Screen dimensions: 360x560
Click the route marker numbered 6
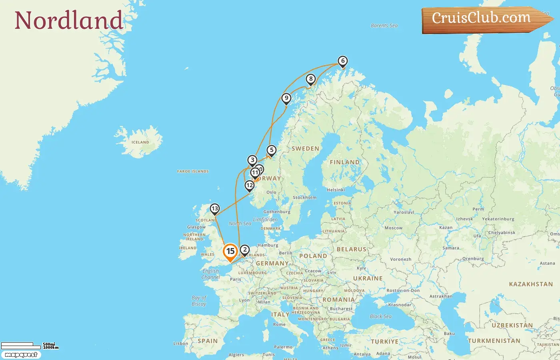tap(342, 61)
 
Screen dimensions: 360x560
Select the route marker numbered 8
tap(311, 79)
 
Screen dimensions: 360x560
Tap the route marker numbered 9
tap(286, 98)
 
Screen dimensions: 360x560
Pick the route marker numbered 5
tap(272, 150)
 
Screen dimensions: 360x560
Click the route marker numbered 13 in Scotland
tap(215, 208)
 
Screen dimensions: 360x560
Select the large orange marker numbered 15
tap(230, 252)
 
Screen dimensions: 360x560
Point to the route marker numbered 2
tap(245, 250)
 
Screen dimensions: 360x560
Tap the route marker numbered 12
tap(250, 185)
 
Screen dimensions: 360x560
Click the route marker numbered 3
tap(252, 160)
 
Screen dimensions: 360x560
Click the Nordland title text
tap(68, 20)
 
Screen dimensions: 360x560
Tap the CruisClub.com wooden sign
tap(481, 18)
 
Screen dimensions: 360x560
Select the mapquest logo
tap(21, 355)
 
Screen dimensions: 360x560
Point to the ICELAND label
tap(140, 142)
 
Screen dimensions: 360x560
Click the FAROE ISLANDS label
tap(193, 172)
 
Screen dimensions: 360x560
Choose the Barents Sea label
tap(384, 26)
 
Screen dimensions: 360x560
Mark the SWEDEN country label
tap(305, 149)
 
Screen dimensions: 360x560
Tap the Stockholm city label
tap(304, 198)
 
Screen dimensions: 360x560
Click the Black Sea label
tap(380, 316)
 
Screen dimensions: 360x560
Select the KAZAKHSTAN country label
tap(531, 284)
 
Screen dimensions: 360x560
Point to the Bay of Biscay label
tap(199, 301)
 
